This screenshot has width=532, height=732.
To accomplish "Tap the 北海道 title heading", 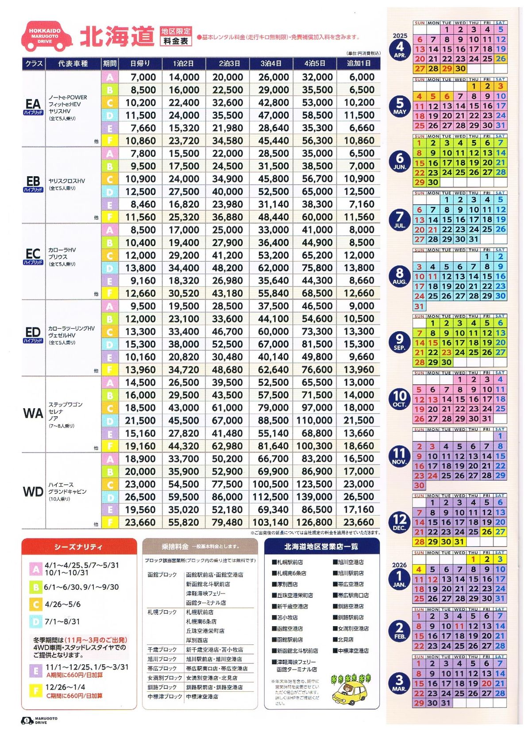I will point(117,36).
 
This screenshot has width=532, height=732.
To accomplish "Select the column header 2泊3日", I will point(227,63).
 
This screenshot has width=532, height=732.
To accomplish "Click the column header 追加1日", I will point(359,63).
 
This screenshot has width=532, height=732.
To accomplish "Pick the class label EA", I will point(33,104).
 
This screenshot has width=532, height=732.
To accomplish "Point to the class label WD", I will point(33,492).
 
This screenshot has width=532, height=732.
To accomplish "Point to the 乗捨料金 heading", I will point(175,547).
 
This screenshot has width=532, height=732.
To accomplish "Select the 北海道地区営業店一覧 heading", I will point(321,547).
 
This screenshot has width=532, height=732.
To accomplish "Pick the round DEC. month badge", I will point(400,521).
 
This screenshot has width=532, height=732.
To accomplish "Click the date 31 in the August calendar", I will point(419,306).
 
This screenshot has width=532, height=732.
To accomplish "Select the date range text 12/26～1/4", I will point(65,687).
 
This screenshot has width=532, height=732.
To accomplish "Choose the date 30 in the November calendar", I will point(419,485).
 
